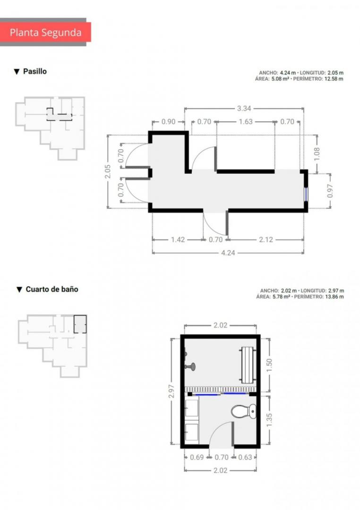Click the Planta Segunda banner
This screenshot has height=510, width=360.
pos(45,32)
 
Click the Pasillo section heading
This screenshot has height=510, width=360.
pos(34,71)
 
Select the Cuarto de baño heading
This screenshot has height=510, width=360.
pos(52,289)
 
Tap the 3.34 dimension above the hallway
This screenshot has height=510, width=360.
pos(244,109)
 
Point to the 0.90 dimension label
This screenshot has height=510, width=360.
pos(168,122)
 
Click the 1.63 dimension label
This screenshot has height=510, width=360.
pos(245,122)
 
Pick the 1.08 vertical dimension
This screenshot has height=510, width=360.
pos(317,154)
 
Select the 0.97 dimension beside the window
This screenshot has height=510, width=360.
pos(330,191)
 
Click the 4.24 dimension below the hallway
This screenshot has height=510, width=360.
pos(228,253)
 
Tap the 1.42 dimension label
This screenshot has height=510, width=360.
pos(178,240)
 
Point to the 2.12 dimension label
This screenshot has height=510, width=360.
pos(266,240)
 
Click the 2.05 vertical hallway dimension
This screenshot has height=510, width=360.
pos(108,171)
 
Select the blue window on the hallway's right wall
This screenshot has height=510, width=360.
pos(306,195)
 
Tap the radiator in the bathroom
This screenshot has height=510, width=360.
pos(249,365)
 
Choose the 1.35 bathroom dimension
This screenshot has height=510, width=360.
pos(269,420)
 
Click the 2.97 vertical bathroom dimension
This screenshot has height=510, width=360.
pos(171,391)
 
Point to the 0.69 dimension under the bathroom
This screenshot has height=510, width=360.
pos(197,457)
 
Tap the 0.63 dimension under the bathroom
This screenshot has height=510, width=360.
pos(245,457)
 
